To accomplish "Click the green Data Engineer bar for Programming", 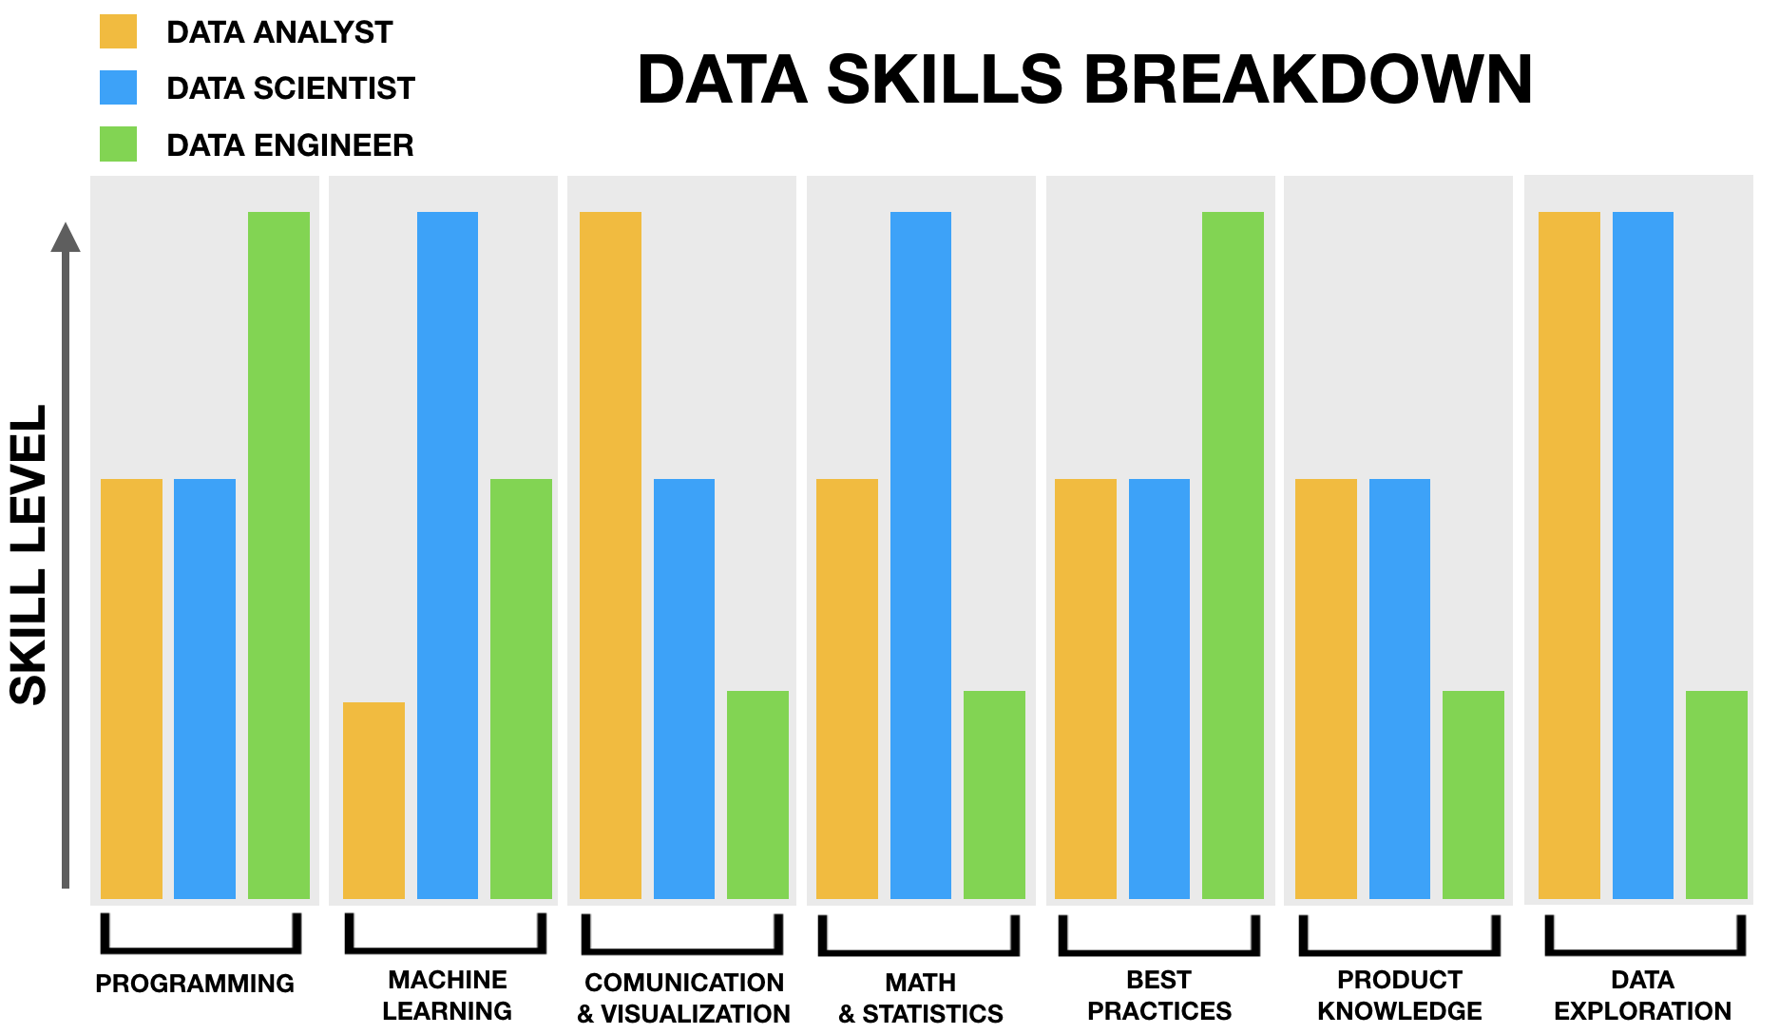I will point(278,555).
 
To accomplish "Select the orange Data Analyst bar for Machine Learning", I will point(373,800).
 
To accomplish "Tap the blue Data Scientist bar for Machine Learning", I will point(447,555).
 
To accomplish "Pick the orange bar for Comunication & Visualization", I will point(610,555).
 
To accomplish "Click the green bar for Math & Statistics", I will point(994,795).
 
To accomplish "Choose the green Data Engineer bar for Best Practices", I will point(1233,555).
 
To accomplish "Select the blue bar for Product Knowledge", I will point(1399,688).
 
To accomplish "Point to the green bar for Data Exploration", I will point(1716,795).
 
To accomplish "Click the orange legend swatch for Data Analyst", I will point(118,31).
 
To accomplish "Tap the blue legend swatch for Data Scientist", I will point(118,87).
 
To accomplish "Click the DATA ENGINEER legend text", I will point(290,145).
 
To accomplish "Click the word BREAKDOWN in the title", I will point(1308,80).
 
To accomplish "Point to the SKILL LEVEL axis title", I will point(29,555).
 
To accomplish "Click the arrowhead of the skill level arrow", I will point(66,238).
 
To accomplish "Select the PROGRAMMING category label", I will point(195,984).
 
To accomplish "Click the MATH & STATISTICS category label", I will point(920,998).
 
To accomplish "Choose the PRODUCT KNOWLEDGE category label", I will point(1399,995).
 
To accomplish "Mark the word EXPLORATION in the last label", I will point(1642,1011).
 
